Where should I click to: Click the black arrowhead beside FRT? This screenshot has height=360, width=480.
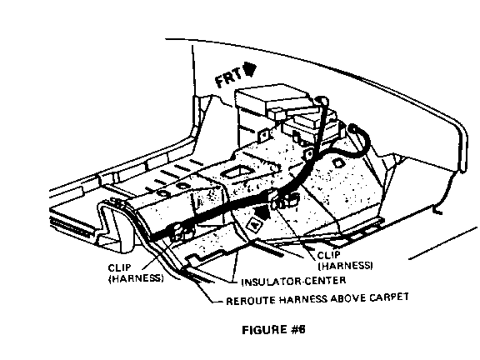click(249, 69)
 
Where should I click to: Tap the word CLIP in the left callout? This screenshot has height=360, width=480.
click(119, 267)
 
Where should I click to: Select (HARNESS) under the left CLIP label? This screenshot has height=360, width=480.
click(136, 278)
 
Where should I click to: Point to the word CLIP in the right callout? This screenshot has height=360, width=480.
click(329, 255)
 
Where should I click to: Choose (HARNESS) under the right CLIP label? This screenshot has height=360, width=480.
click(345, 265)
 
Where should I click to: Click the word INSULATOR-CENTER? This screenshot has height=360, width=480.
click(293, 281)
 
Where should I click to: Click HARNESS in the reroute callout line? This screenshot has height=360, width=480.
click(302, 300)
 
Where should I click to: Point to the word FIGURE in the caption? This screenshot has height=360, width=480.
click(264, 330)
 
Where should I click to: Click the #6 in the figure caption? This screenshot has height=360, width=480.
click(297, 330)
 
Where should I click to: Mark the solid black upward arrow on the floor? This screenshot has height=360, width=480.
click(262, 212)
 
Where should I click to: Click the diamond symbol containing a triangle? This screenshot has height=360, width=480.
click(254, 225)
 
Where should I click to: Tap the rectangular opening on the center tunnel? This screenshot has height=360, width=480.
click(237, 172)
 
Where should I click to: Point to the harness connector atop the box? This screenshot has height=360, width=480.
click(321, 100)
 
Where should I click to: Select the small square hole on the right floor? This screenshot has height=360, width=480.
click(337, 162)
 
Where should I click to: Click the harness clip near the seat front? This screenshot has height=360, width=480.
click(181, 232)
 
